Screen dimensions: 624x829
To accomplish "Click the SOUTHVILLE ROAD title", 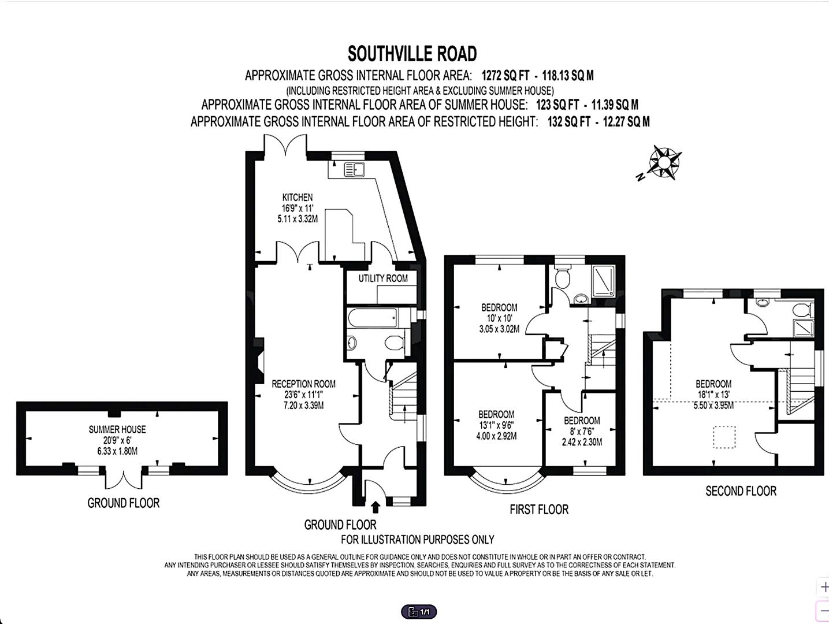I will click(x=412, y=54).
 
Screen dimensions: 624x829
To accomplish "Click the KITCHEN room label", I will click(x=297, y=198).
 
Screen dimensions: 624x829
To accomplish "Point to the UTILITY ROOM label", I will click(x=382, y=278).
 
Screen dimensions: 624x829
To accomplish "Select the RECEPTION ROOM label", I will click(x=303, y=384).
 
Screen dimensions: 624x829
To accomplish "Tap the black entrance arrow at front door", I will click(x=375, y=507).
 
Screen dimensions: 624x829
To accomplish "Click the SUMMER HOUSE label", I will click(x=117, y=429).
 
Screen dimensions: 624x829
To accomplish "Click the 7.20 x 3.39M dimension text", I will click(x=303, y=406).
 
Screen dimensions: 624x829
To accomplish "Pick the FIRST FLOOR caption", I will click(x=538, y=510).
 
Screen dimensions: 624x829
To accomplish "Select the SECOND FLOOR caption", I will click(x=741, y=491).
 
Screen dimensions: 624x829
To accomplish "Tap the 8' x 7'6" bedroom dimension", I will click(x=581, y=432).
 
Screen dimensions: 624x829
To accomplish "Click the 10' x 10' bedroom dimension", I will click(x=499, y=318).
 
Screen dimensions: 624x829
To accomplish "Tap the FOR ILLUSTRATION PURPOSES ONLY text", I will click(x=417, y=540).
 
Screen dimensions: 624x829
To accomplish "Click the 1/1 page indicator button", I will click(x=419, y=612).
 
